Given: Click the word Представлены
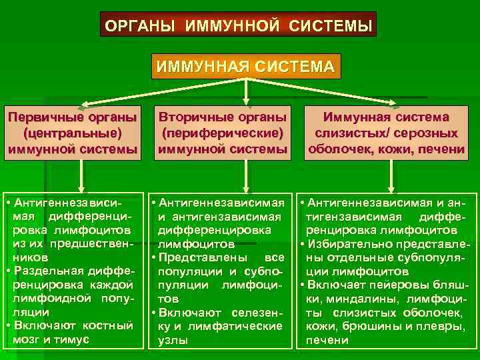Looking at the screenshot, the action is point(199,257).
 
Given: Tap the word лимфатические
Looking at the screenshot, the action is point(239,326).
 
